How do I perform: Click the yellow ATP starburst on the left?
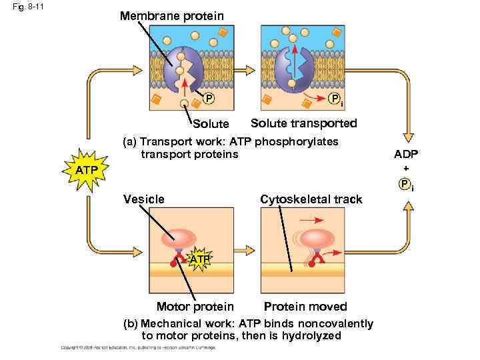[x=86, y=171]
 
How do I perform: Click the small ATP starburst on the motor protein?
[x=199, y=258]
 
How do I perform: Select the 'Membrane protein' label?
[x=172, y=15]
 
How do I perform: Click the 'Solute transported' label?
[x=303, y=123]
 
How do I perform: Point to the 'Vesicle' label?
[x=145, y=199]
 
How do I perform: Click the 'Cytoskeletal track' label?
[x=311, y=199]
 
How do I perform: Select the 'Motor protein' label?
[x=195, y=307]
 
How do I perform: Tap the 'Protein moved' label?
[x=305, y=307]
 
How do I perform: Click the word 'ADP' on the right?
[x=406, y=155]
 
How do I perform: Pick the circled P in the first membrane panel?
[x=209, y=99]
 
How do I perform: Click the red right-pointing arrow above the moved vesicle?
[x=311, y=219]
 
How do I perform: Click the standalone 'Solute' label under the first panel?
[x=211, y=124]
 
